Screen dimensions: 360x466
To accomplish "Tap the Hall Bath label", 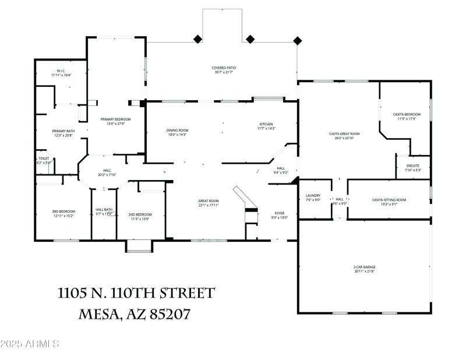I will tap(104, 211).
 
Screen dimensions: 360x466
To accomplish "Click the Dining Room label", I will tap(177, 132).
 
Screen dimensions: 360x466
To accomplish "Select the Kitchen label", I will tap(266, 127).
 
